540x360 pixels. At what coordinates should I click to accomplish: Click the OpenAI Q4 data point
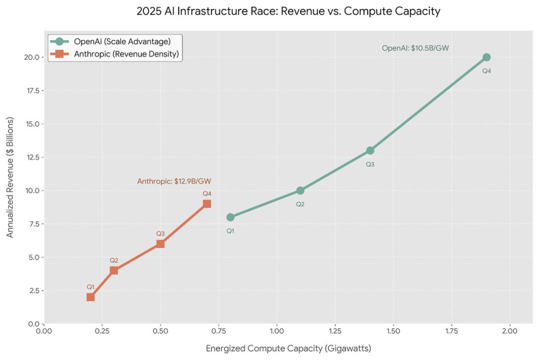point(486,57)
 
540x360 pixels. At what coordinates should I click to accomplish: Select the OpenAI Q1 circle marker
point(230,217)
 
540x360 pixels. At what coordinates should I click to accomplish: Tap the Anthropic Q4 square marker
point(207,203)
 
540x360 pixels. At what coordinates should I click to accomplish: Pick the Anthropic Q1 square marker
point(90,297)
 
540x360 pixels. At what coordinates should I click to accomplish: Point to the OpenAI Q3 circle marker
point(370,150)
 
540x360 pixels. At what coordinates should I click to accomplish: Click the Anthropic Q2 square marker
point(114,270)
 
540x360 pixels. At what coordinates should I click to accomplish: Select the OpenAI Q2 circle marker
point(300,190)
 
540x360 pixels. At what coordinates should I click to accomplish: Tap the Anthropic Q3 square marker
point(160,243)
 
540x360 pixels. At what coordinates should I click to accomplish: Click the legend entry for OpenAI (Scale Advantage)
point(122,41)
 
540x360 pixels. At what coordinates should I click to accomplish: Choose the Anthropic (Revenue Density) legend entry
point(126,54)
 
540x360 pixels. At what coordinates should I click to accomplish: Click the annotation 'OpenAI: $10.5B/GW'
point(415,48)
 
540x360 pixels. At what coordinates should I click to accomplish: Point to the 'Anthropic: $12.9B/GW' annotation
point(174,181)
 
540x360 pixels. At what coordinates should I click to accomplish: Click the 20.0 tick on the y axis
point(32,57)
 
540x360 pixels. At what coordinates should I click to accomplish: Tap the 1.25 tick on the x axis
point(335,331)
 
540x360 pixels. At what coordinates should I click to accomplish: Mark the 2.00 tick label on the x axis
point(509,331)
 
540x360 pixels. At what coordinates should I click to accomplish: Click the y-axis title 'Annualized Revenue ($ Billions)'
point(10,177)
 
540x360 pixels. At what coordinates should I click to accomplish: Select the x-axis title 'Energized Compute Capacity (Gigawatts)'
point(288,348)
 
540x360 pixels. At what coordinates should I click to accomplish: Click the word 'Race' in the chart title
point(258,11)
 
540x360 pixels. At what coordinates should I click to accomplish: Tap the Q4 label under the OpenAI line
point(486,71)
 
